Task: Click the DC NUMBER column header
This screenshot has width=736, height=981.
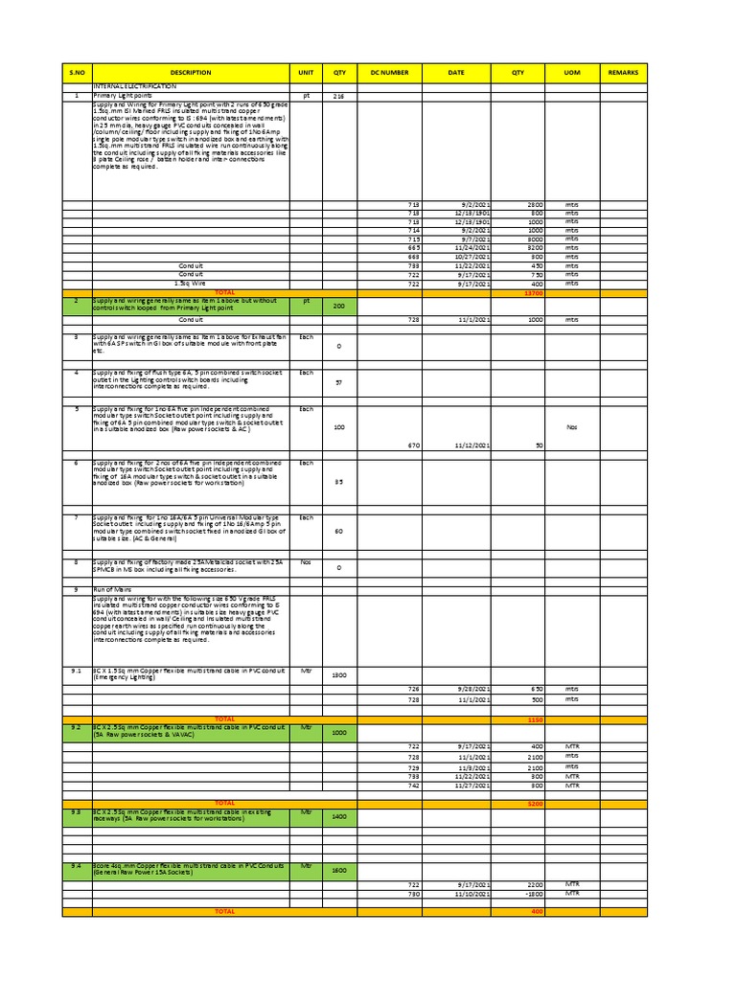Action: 389,73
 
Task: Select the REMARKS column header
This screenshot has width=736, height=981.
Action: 623,73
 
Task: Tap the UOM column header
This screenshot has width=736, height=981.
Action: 572,73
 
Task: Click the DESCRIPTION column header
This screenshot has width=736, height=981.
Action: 190,73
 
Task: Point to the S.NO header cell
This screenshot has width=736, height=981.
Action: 77,73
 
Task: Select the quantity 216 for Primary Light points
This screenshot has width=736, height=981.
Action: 337,97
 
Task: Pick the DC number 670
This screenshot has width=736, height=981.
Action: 414,445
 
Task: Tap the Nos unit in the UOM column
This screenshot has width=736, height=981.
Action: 572,427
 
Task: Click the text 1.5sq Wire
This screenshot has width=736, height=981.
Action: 191,284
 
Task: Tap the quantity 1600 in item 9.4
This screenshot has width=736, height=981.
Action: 337,871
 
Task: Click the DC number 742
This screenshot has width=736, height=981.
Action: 414,786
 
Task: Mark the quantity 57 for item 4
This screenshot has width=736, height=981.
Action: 337,381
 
